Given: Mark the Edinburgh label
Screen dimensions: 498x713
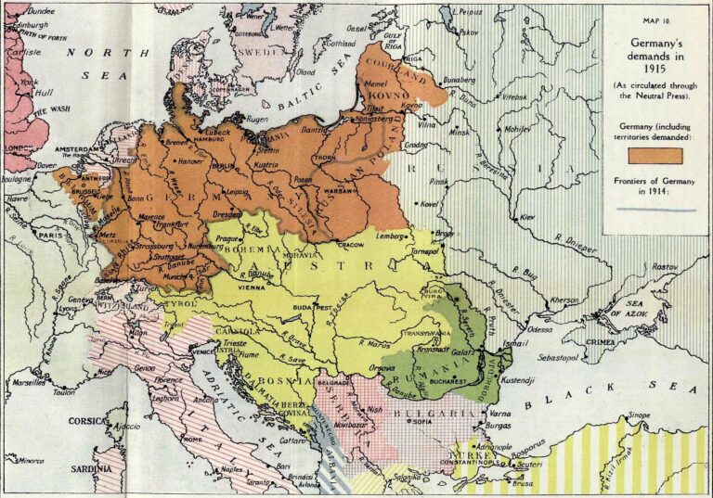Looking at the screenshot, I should pyautogui.click(x=27, y=24).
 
